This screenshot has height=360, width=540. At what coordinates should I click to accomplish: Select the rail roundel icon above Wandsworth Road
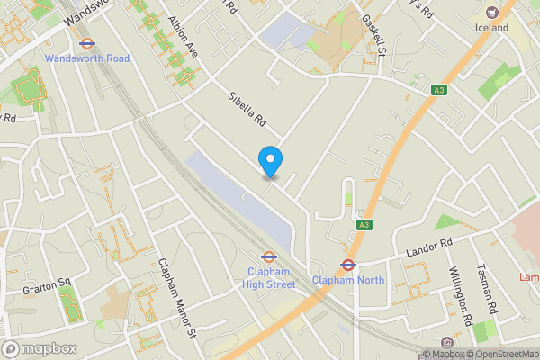(x=87, y=42)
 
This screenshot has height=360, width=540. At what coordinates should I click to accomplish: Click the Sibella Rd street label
(x=248, y=107)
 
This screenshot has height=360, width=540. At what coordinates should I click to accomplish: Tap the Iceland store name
(x=491, y=28)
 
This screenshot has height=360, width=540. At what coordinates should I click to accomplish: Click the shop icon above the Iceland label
(x=491, y=12)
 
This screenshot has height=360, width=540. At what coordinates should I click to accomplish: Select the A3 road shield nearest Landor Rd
(x=364, y=225)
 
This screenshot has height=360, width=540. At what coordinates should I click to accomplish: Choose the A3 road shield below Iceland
(x=438, y=90)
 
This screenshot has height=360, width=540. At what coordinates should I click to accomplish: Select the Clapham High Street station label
(x=268, y=278)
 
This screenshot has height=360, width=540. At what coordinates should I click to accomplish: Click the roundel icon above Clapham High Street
(x=268, y=256)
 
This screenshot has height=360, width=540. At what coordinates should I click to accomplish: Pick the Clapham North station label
(x=347, y=280)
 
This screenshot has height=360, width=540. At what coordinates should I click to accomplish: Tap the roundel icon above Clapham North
(x=347, y=265)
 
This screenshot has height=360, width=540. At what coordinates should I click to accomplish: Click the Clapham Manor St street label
(x=176, y=297)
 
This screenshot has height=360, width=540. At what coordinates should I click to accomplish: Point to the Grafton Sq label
(x=46, y=282)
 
